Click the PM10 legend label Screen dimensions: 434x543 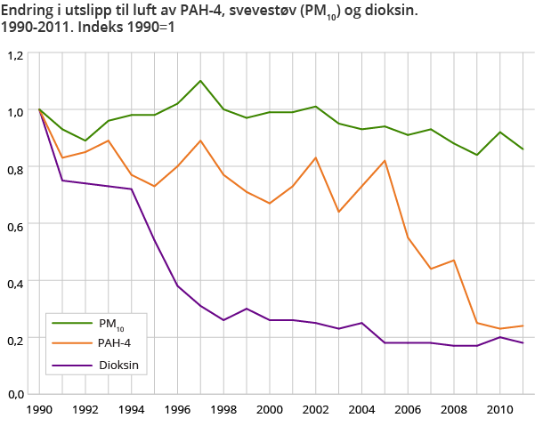point(111,324)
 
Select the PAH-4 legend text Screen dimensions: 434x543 point(114,343)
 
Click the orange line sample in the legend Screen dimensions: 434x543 point(72,343)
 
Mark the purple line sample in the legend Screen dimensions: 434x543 point(72,364)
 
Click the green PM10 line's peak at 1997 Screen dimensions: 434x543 point(200,81)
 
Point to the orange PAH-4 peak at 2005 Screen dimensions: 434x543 point(384,161)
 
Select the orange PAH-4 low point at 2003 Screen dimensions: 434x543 point(338,212)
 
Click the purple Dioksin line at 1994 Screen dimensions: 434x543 point(132,189)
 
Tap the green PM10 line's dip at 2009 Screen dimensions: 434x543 point(475,155)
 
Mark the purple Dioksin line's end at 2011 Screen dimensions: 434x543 point(522,343)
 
